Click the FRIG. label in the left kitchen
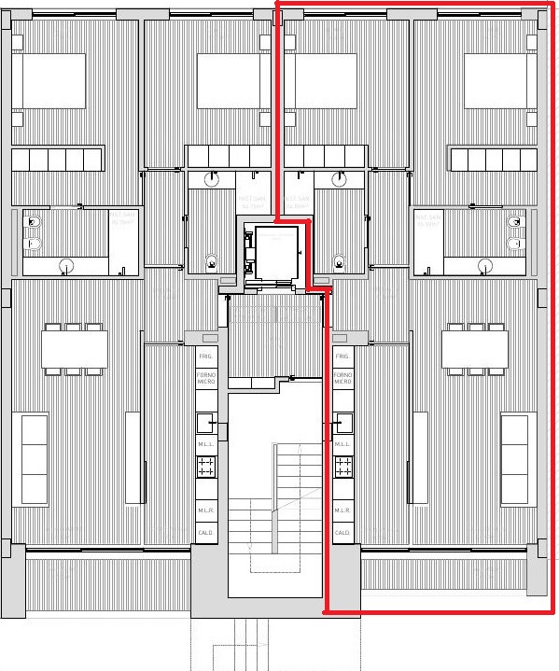[206, 356]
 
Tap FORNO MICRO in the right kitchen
[342, 379]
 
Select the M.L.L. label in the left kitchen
[206, 444]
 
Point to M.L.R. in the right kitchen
[342, 510]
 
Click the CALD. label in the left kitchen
[206, 532]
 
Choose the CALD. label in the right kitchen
[342, 532]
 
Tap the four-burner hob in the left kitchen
[206, 466]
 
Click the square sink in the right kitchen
[342, 421]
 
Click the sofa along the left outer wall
[34, 457]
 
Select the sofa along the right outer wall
[514, 457]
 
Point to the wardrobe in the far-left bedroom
[57, 159]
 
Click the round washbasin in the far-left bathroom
[64, 265]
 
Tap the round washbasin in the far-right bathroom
[483, 265]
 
